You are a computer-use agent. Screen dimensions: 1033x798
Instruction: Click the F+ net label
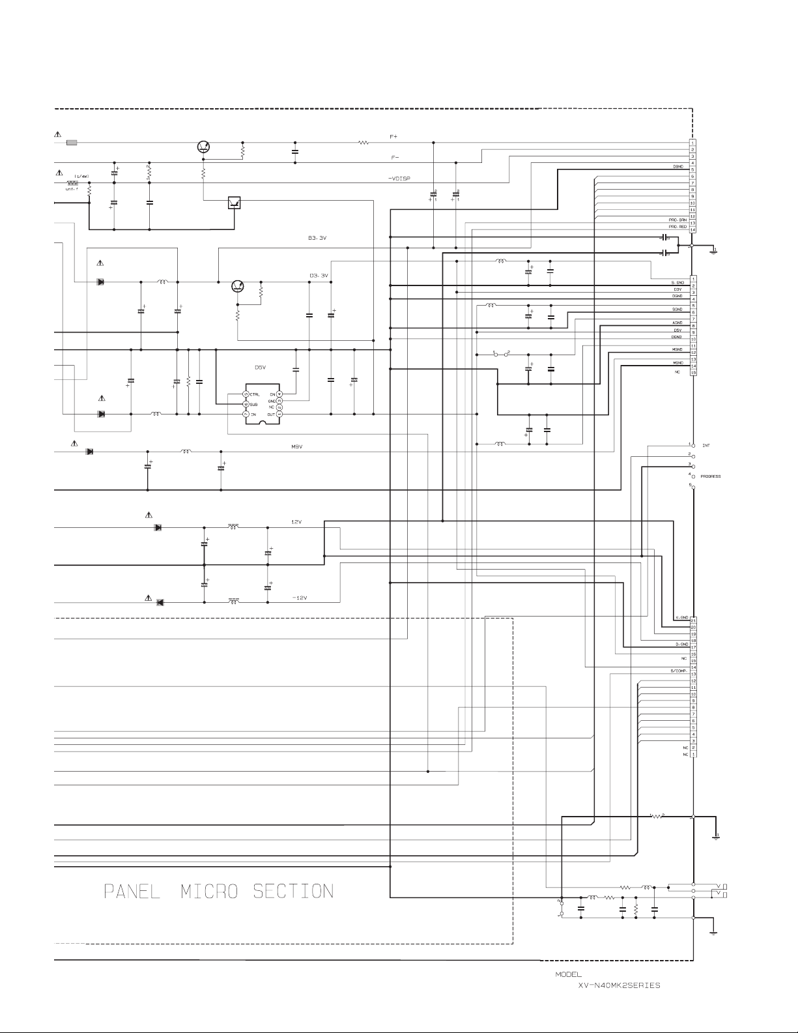pyautogui.click(x=393, y=137)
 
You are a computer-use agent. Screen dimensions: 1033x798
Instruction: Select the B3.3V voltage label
pyautogui.click(x=317, y=238)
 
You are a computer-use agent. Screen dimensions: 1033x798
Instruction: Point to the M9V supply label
pyautogui.click(x=297, y=446)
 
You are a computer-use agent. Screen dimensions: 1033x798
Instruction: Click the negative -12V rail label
pyautogui.click(x=300, y=598)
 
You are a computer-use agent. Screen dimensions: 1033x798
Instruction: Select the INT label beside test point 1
pyautogui.click(x=706, y=446)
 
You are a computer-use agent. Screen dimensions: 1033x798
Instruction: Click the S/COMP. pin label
pyautogui.click(x=679, y=671)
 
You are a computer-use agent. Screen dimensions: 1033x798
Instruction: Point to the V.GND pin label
pyautogui.click(x=682, y=617)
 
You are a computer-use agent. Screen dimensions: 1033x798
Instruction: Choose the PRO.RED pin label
pyautogui.click(x=677, y=227)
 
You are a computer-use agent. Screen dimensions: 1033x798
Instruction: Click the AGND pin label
pyautogui.click(x=677, y=323)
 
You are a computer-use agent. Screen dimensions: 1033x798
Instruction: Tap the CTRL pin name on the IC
pyautogui.click(x=255, y=394)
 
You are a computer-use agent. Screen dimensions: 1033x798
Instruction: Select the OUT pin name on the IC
pyautogui.click(x=270, y=415)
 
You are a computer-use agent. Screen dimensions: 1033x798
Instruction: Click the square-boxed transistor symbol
pyautogui.click(x=235, y=202)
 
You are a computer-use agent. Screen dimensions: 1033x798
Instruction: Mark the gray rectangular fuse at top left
pyautogui.click(x=72, y=142)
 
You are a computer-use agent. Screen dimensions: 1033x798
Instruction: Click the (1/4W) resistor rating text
pyautogui.click(x=83, y=176)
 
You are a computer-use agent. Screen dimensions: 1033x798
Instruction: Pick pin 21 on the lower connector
pyautogui.click(x=694, y=620)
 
